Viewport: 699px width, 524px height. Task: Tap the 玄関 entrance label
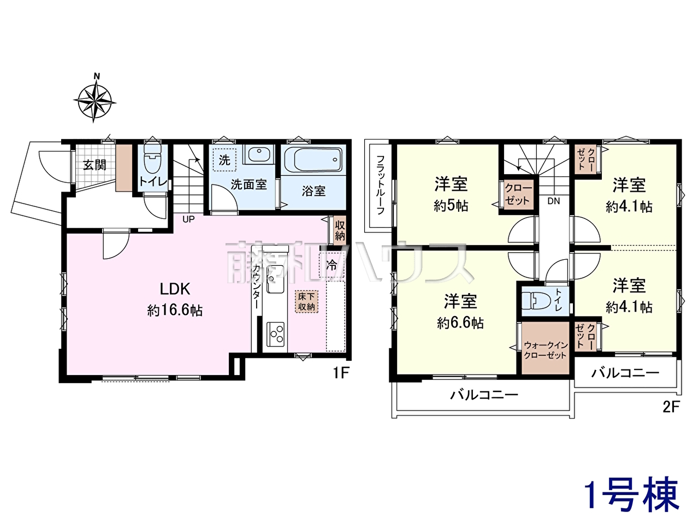point(94,165)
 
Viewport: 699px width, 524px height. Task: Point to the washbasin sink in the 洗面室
point(259,154)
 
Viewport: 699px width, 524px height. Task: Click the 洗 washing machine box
point(225,160)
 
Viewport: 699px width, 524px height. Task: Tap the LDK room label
point(175,289)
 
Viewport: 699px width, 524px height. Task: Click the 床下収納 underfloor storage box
point(306,302)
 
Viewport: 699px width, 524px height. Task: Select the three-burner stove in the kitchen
point(275,334)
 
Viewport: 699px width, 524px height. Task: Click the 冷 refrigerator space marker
point(331,265)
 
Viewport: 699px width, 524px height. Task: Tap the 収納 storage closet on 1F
point(340,230)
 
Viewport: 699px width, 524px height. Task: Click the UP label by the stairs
point(188,219)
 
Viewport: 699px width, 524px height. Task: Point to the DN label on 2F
point(554,201)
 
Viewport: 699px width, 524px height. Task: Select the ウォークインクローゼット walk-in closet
point(545,348)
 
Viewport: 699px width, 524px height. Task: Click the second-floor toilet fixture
point(537,301)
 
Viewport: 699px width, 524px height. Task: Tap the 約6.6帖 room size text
point(460,324)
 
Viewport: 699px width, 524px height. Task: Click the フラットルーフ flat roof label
point(381,185)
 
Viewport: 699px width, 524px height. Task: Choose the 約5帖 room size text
point(451,206)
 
